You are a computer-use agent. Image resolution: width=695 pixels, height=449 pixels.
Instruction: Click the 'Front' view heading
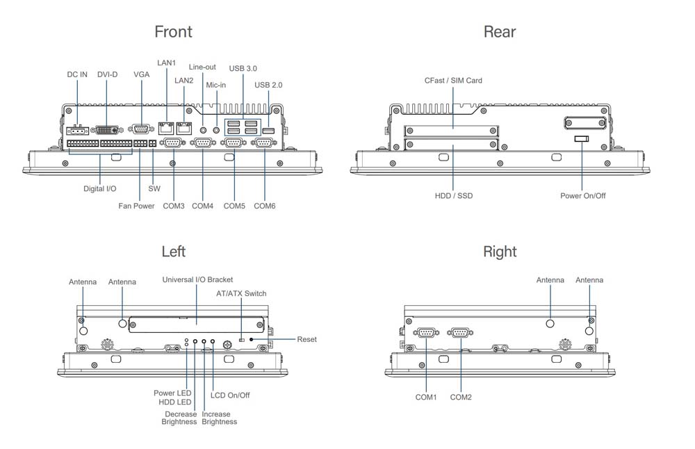[173, 31]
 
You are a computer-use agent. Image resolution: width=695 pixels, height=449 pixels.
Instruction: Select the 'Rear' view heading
[500, 31]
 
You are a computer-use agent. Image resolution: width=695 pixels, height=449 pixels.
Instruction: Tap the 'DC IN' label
[77, 74]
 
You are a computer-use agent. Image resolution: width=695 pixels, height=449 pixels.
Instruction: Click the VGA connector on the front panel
[141, 129]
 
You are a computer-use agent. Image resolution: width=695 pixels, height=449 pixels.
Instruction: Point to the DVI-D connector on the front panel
[106, 129]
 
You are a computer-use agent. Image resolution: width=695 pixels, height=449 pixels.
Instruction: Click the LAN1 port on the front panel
[167, 128]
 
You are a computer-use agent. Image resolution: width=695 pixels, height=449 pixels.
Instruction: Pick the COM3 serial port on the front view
[173, 142]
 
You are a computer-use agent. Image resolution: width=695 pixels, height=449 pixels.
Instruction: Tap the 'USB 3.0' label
[243, 68]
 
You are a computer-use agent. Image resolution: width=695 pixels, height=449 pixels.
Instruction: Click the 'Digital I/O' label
[100, 188]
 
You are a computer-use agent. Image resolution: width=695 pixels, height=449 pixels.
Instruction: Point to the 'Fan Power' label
[136, 206]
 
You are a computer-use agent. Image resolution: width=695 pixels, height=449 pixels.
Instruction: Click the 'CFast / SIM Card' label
[453, 81]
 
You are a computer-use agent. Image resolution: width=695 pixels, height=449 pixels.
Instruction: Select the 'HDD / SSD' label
[453, 196]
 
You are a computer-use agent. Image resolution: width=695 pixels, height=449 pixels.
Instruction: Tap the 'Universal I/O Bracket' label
[197, 279]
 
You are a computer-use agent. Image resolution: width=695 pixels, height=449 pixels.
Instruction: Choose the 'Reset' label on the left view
[306, 339]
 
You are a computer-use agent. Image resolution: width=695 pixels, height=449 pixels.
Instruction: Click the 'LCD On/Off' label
[230, 395]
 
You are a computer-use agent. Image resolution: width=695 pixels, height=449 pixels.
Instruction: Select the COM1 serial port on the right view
[425, 333]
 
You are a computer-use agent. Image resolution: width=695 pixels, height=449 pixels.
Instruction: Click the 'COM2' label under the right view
[461, 397]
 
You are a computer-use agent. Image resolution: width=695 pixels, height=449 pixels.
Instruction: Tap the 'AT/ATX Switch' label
[241, 293]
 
